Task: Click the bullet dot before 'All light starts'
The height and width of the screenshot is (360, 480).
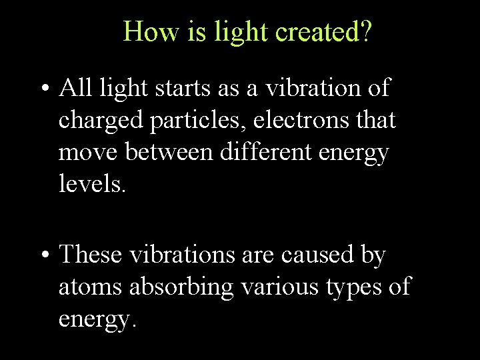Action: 43,89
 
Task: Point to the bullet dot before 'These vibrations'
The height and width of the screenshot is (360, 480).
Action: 43,257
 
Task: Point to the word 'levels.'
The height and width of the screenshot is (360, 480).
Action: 92,184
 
